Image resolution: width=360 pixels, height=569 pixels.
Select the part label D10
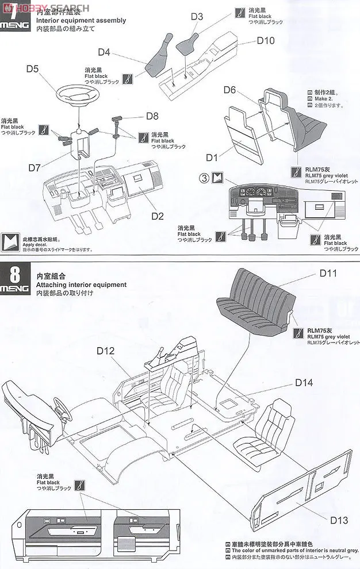(266, 40)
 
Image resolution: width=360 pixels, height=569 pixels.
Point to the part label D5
(32, 70)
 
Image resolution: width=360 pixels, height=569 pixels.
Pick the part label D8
(152, 116)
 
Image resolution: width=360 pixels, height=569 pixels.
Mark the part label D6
(230, 90)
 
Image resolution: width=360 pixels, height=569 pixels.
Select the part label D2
(158, 216)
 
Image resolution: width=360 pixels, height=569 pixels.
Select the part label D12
(106, 351)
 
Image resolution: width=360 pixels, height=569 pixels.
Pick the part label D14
(304, 382)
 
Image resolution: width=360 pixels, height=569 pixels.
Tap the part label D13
(339, 520)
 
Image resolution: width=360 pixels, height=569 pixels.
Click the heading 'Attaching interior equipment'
(81, 285)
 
